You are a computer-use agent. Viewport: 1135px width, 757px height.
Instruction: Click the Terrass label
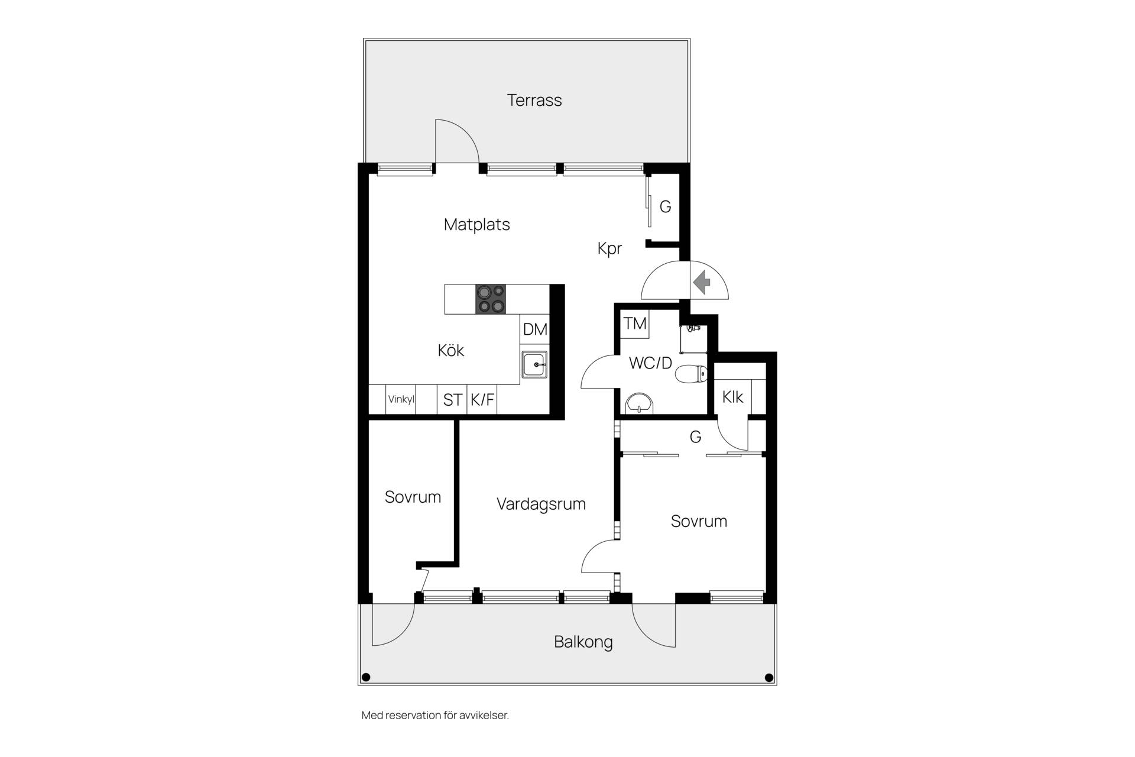[x=534, y=100]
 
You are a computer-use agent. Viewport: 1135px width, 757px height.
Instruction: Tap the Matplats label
[x=476, y=225]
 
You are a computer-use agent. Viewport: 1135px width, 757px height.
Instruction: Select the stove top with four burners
[x=491, y=299]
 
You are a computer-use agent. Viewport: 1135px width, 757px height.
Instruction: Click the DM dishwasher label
[x=535, y=329]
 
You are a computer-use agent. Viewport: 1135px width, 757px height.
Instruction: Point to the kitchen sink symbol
[x=534, y=365]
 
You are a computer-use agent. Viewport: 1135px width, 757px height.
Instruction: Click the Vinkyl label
[x=401, y=399]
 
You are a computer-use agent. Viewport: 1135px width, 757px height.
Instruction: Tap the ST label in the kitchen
[x=452, y=400]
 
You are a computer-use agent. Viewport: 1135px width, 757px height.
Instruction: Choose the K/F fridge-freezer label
[x=482, y=400]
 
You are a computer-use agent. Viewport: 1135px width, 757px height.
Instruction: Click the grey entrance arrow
[x=702, y=282]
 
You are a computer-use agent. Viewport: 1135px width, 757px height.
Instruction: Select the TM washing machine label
[x=635, y=323]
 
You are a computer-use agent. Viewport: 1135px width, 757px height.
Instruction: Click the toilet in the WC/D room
[x=691, y=374]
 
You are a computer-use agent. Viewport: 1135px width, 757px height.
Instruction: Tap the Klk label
[x=732, y=397]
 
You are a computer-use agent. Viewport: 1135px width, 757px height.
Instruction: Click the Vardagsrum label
[x=541, y=504]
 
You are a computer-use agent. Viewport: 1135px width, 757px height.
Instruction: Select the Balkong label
[x=583, y=642]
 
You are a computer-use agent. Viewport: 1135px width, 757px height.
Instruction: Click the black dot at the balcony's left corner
[x=366, y=677]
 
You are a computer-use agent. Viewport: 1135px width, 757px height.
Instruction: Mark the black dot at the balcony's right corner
[x=769, y=677]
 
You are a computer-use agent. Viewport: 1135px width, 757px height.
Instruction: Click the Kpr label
[x=609, y=248]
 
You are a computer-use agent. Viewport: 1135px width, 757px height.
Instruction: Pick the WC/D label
[x=650, y=363]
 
